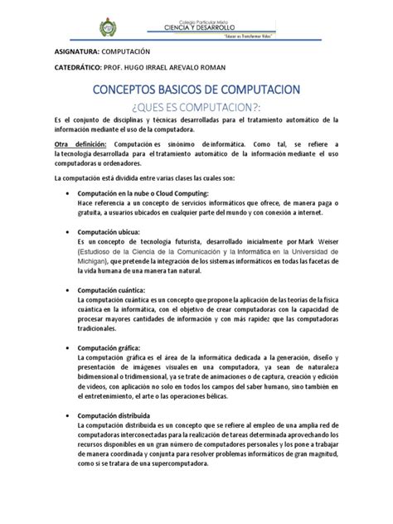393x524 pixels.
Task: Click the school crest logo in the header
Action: point(108,27)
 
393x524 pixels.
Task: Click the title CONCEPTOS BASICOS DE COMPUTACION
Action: point(196,89)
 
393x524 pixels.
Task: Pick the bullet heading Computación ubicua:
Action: point(109,231)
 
